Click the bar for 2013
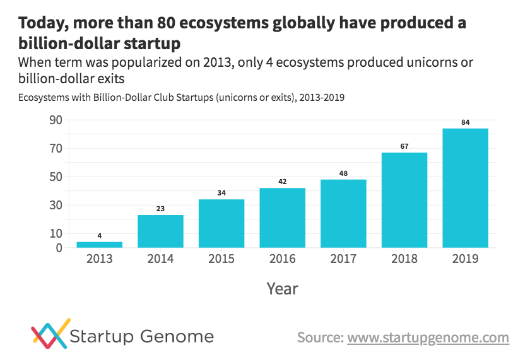pyautogui.click(x=99, y=245)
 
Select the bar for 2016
pyautogui.click(x=282, y=218)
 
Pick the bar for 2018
pyautogui.click(x=404, y=200)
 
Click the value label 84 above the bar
pyautogui.click(x=465, y=122)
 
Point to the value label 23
pyautogui.click(x=160, y=209)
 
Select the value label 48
pyautogui.click(x=343, y=173)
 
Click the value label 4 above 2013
pyautogui.click(x=99, y=236)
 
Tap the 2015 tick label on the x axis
pyautogui.click(x=221, y=259)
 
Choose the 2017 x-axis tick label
pyautogui.click(x=343, y=259)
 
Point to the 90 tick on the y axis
pyautogui.click(x=56, y=120)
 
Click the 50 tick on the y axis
pyautogui.click(x=56, y=177)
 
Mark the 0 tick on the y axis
pyautogui.click(x=59, y=248)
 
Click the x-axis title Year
pyautogui.click(x=282, y=289)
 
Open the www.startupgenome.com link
pyautogui.click(x=428, y=338)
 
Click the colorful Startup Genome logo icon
pyautogui.click(x=50, y=334)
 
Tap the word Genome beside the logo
pyautogui.click(x=182, y=336)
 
